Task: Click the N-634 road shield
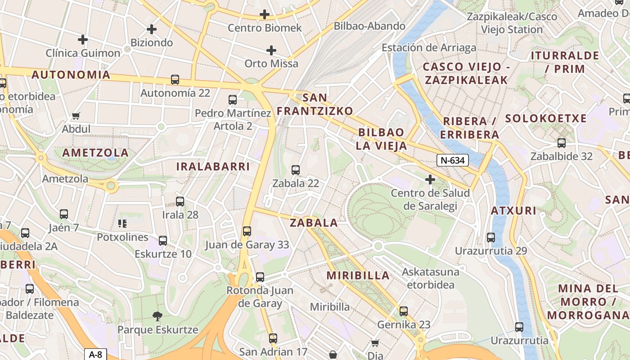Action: click(x=453, y=160)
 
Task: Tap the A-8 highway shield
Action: click(x=95, y=354)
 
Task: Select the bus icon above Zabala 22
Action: click(x=296, y=170)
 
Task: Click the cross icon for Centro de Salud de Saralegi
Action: click(x=430, y=180)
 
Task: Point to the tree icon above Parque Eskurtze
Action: click(x=157, y=316)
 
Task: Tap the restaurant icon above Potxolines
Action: click(x=122, y=223)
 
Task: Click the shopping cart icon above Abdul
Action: click(x=76, y=116)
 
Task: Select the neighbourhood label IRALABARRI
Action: click(x=213, y=166)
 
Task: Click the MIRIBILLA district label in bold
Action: click(x=358, y=275)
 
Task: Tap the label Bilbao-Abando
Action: click(x=369, y=26)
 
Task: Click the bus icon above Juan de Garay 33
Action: click(x=247, y=231)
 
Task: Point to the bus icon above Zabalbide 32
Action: click(x=561, y=143)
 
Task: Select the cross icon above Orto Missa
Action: click(x=271, y=50)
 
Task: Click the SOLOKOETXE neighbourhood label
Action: click(x=546, y=118)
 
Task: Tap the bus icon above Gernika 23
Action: click(x=404, y=311)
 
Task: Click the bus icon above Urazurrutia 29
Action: click(x=491, y=237)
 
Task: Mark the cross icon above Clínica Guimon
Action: click(x=83, y=40)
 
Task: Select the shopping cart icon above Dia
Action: click(x=375, y=343)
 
